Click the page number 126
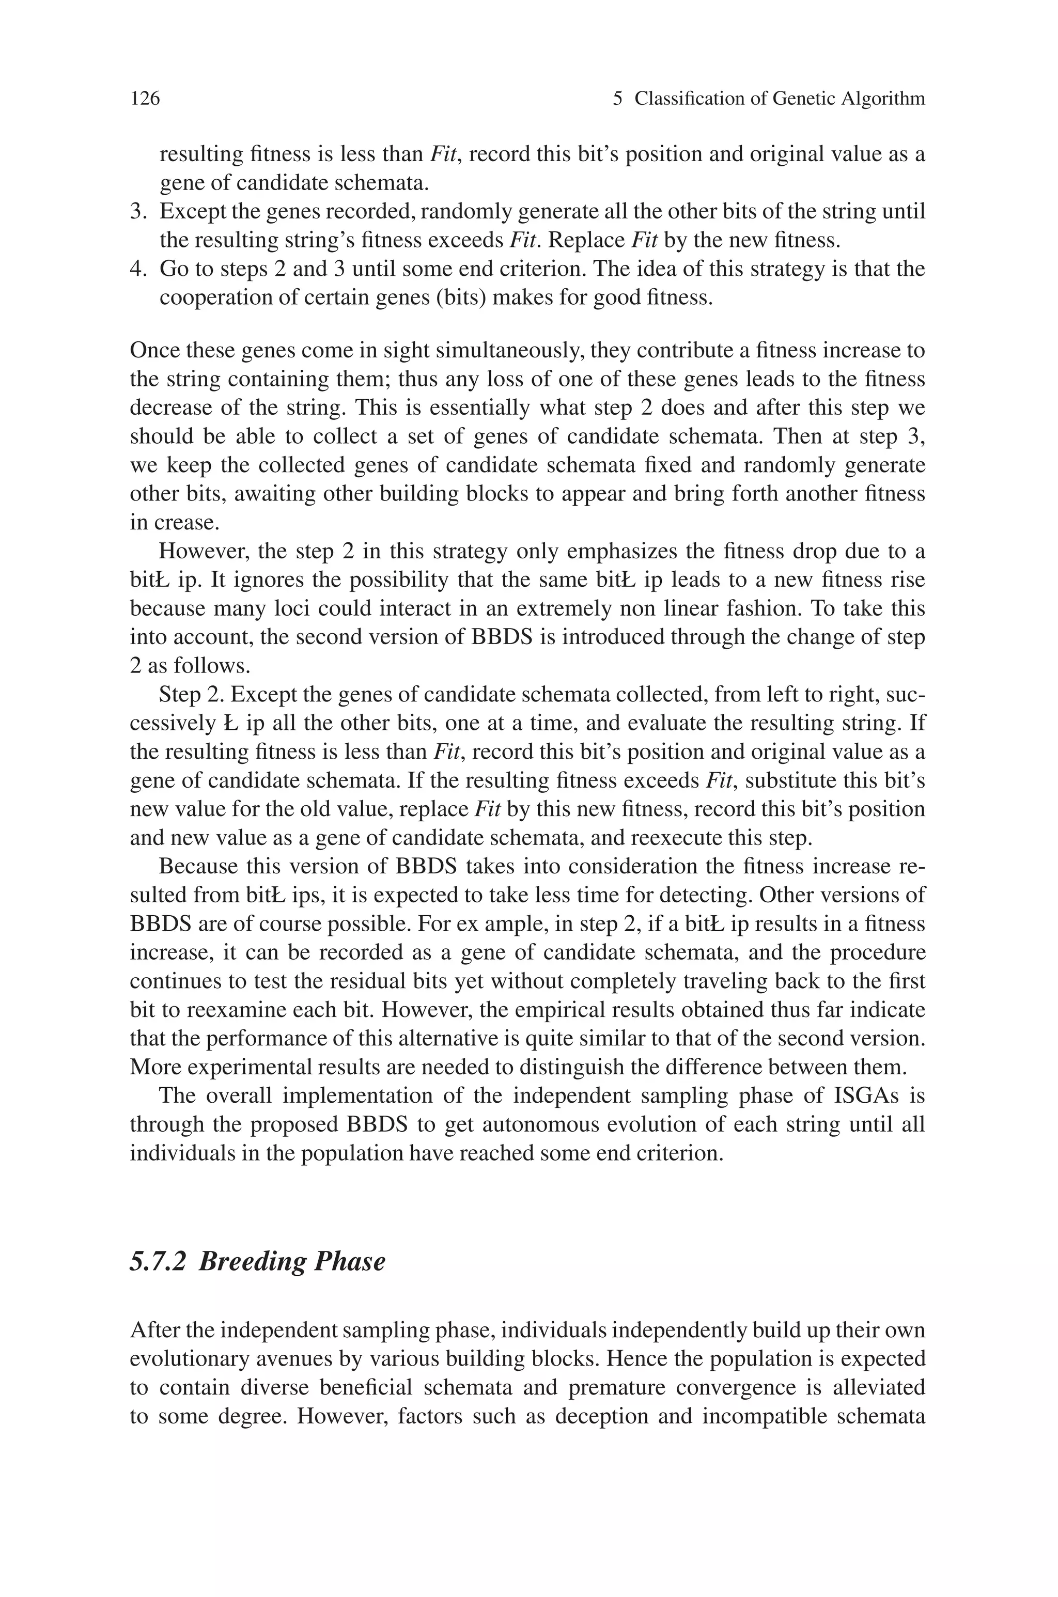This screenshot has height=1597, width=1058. (x=145, y=99)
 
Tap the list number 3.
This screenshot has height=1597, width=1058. (x=137, y=212)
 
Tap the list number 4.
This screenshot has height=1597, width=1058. (x=137, y=269)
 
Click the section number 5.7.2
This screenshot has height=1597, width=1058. (x=157, y=1260)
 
